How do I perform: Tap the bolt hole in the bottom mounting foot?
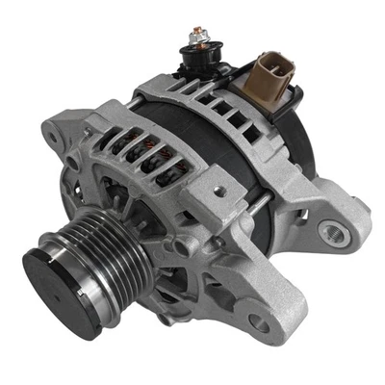(257, 323)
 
